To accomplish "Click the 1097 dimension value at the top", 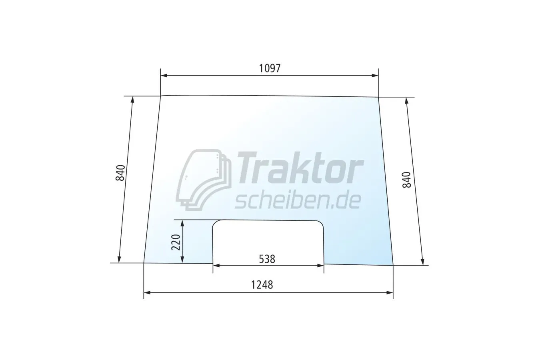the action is point(270,68).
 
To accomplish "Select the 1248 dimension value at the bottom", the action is point(262,285).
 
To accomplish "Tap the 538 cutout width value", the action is point(267,259).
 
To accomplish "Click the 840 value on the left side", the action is point(120,173).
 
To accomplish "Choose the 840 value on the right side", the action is point(406,180).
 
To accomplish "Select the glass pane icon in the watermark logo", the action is point(204,180).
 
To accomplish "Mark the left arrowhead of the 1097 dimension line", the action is point(164,76).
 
